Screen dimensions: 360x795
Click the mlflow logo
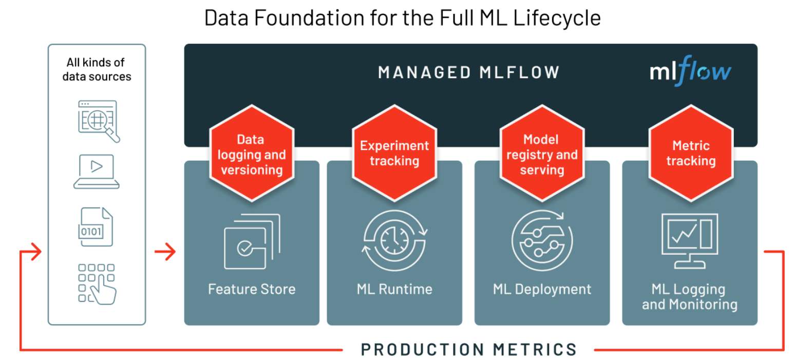click(690, 71)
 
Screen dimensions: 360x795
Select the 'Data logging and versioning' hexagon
click(252, 155)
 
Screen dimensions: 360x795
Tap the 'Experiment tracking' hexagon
click(394, 153)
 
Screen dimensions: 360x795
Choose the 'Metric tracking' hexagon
click(691, 153)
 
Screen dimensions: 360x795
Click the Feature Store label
click(252, 289)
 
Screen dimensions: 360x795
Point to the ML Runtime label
click(394, 289)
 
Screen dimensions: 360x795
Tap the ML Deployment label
click(542, 289)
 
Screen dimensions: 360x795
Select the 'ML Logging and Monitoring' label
click(689, 296)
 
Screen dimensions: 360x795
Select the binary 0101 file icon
click(97, 227)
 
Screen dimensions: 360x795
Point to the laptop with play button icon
click(97, 172)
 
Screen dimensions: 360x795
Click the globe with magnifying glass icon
click(98, 121)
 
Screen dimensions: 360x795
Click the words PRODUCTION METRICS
click(468, 349)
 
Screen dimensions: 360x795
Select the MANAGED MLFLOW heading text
click(468, 72)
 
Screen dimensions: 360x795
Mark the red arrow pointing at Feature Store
click(165, 252)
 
